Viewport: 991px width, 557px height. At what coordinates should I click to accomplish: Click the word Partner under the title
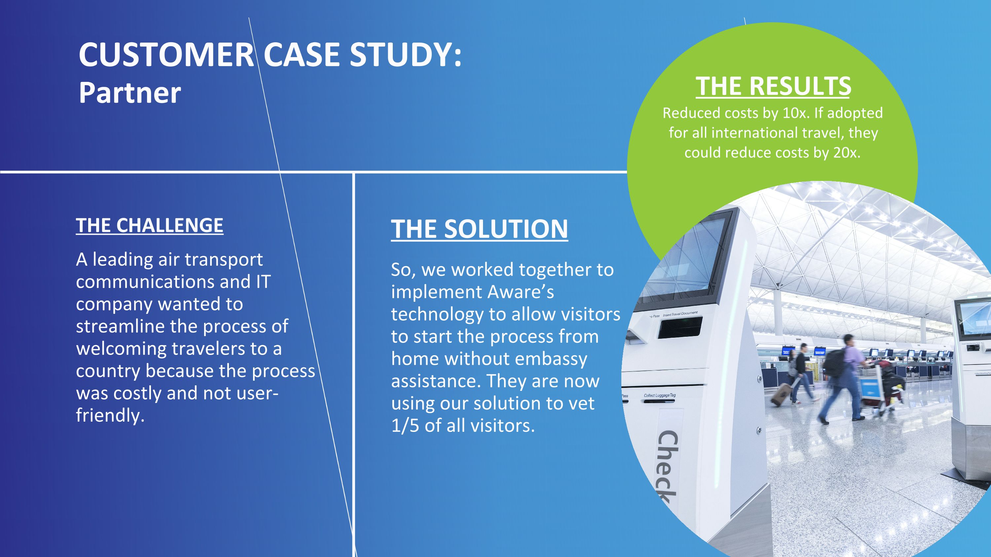[129, 93]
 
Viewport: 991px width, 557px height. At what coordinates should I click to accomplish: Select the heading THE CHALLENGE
[149, 226]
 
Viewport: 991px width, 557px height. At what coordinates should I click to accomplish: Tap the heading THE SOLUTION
[479, 229]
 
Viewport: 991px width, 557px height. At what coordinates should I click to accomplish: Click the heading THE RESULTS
[773, 86]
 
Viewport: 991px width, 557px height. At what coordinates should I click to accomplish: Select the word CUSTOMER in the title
[166, 54]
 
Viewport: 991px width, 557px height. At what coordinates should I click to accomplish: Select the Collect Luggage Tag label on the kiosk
[659, 396]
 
